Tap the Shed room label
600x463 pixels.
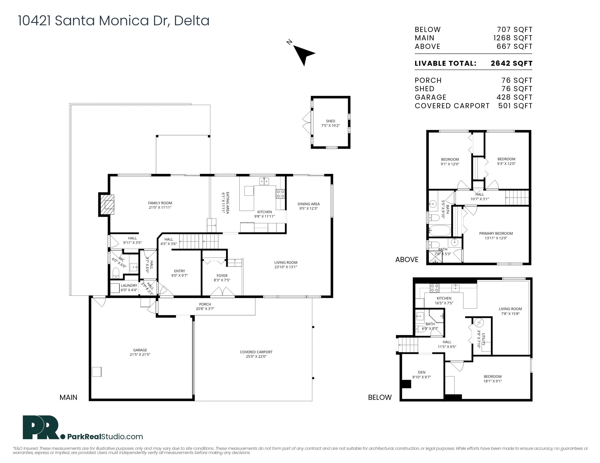[330, 121]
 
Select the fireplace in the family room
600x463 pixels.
[107, 204]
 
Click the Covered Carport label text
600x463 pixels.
[256, 352]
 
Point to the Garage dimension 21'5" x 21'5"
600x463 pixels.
[140, 354]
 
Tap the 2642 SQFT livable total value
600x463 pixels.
[511, 63]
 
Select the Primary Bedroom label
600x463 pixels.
[496, 234]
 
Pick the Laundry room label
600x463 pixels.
[129, 286]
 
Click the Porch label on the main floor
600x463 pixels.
[205, 304]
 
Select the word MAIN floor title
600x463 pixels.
[68, 397]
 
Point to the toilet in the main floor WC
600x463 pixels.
[116, 273]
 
